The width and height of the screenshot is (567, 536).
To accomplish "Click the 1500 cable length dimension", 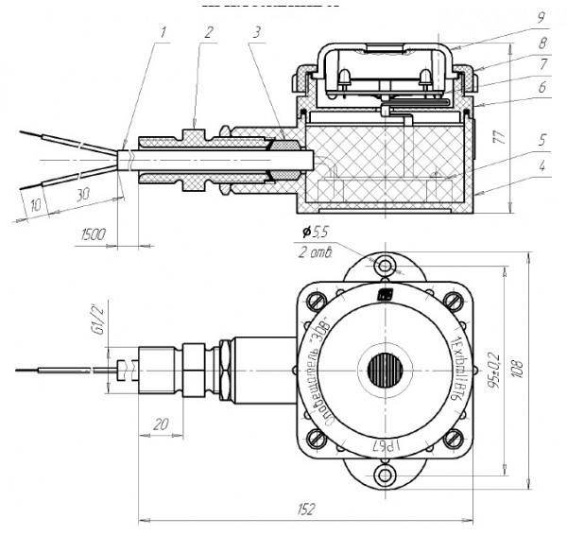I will click(92, 233).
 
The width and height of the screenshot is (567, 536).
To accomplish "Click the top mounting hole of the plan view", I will click(385, 268).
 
